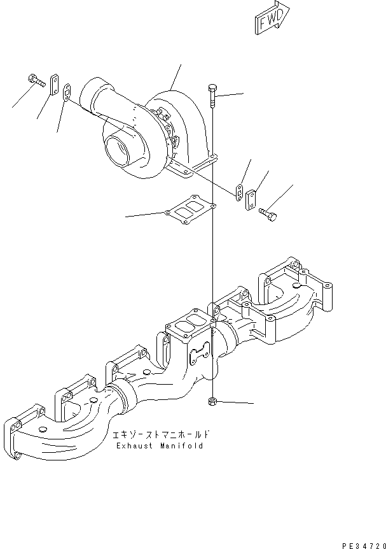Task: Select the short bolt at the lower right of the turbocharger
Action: point(269,217)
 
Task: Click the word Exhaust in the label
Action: point(135,446)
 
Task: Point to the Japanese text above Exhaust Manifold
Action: point(160,435)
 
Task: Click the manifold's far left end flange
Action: point(17,439)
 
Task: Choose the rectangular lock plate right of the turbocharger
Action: point(251,199)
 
